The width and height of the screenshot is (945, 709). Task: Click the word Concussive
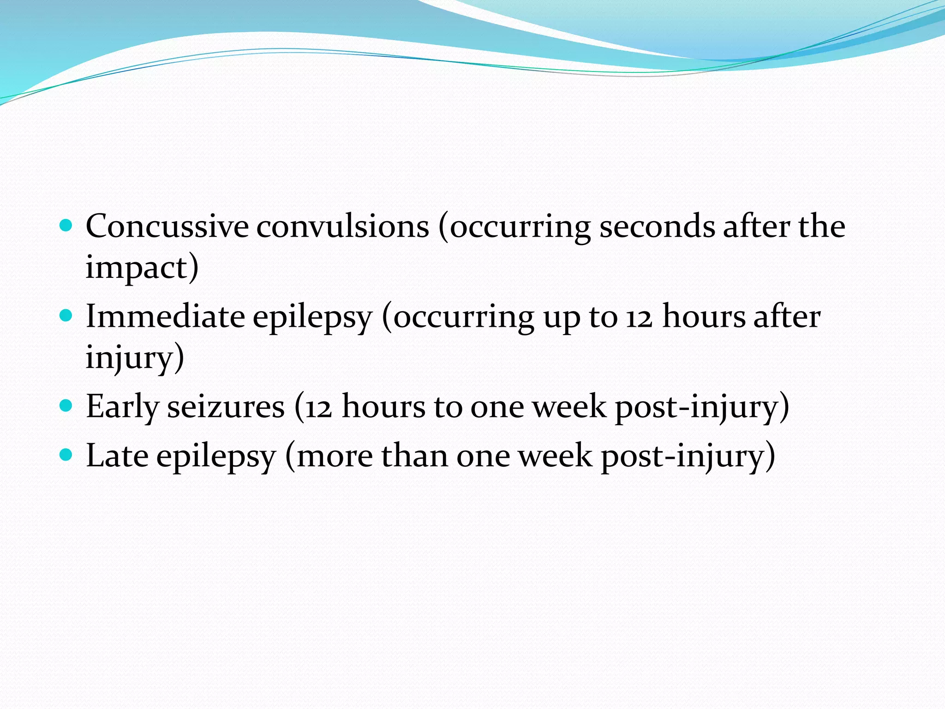tap(167, 227)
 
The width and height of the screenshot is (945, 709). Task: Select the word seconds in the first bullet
tap(657, 227)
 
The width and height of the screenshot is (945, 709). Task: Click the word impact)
tap(142, 268)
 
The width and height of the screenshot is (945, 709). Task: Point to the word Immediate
tap(165, 317)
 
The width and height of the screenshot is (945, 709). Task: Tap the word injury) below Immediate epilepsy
tap(135, 358)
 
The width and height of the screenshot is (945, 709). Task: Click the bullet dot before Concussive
tap(66, 226)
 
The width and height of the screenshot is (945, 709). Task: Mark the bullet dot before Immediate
tap(66, 316)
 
